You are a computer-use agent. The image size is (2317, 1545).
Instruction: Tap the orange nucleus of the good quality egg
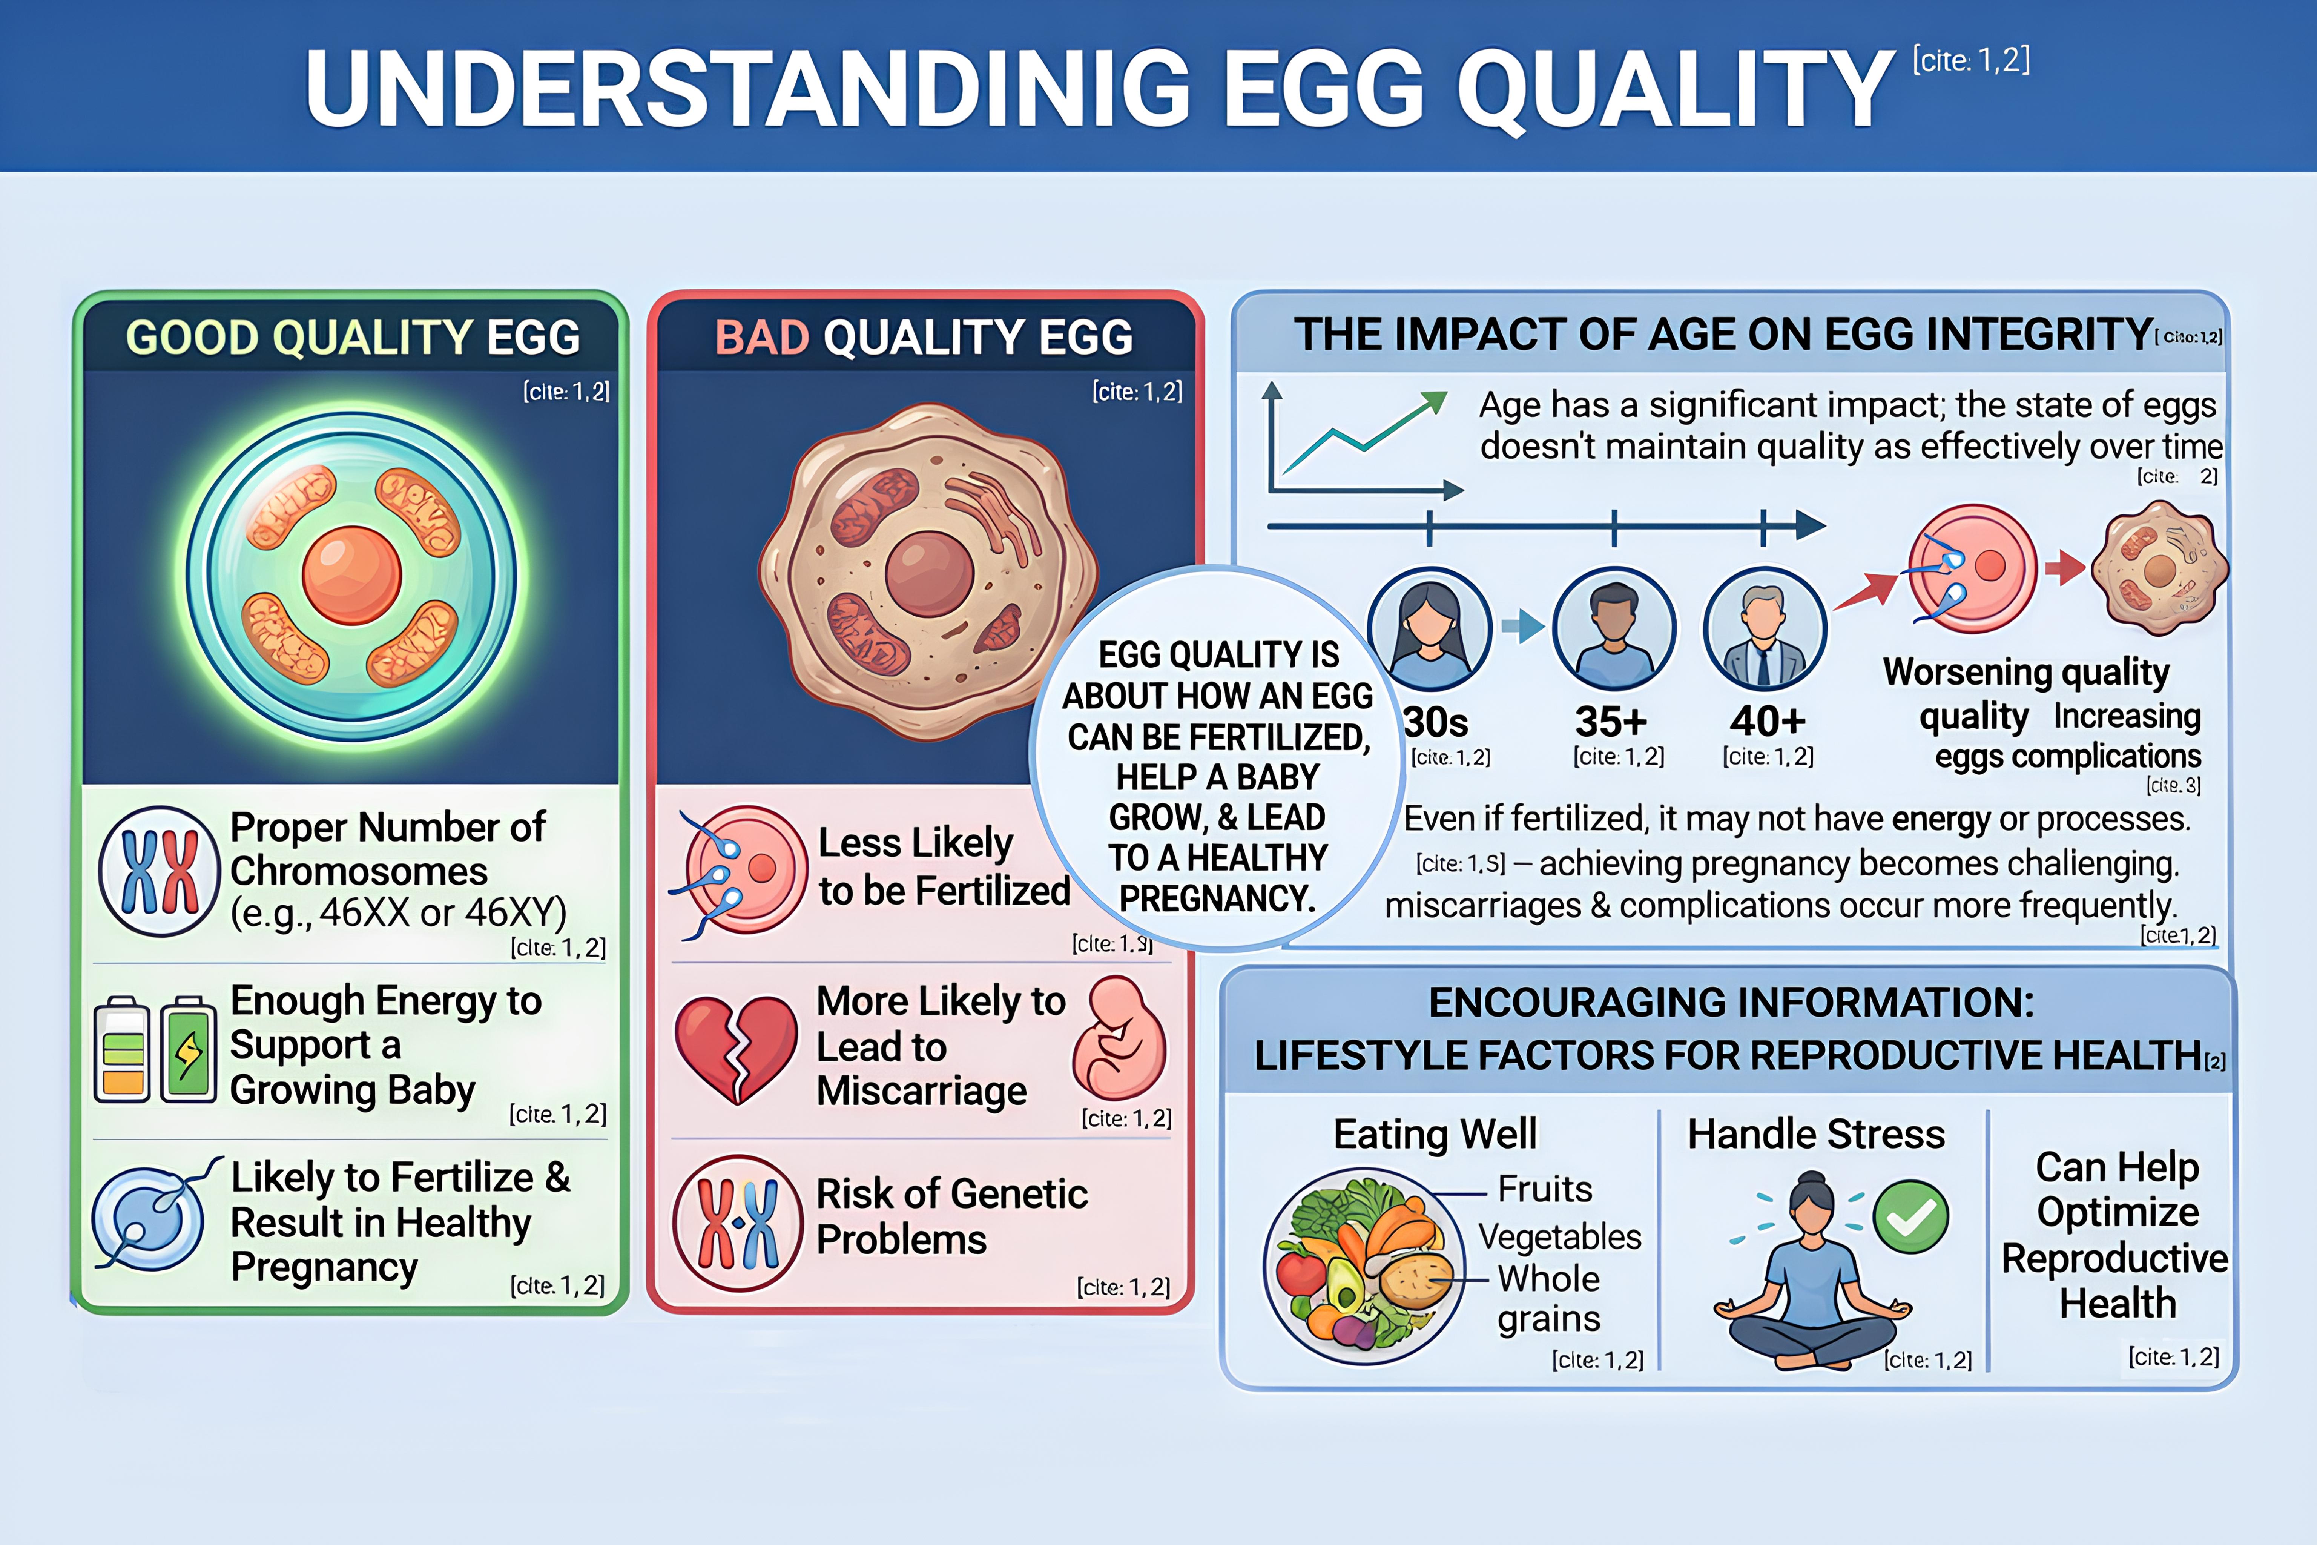pos(352,576)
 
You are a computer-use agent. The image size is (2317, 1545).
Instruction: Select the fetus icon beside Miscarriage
pos(1119,1040)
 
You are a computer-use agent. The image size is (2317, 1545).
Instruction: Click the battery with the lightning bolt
pos(188,1049)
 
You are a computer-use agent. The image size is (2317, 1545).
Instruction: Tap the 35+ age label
pos(1611,722)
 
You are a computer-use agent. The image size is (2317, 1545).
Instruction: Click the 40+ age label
pos(1767,722)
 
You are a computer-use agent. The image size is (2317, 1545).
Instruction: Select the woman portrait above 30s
pos(1429,629)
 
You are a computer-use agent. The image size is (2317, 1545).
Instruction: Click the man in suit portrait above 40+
pos(1765,629)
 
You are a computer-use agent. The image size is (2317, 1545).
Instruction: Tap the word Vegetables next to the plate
pos(1559,1236)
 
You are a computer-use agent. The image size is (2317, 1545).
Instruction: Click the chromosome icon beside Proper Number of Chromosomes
pos(159,871)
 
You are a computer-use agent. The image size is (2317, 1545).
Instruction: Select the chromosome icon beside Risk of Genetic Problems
pos(738,1223)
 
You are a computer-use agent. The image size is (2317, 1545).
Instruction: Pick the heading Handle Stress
pos(1815,1134)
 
